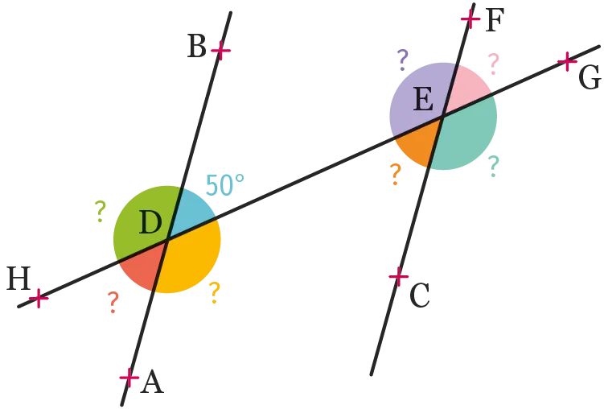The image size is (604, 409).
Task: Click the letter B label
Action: pyautogui.click(x=196, y=46)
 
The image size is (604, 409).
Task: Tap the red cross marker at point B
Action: pyautogui.click(x=220, y=51)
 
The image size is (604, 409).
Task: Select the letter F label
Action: pyautogui.click(x=495, y=20)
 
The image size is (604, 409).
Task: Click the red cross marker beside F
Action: pyautogui.click(x=470, y=19)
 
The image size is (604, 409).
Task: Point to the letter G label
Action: pyautogui.click(x=590, y=77)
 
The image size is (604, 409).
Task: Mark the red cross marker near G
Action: pyautogui.click(x=567, y=61)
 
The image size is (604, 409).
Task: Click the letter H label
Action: pyautogui.click(x=18, y=279)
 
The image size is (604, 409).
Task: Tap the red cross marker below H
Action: pyautogui.click(x=39, y=298)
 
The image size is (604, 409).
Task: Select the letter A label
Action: pyautogui.click(x=152, y=382)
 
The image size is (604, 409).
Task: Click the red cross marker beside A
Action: pyautogui.click(x=129, y=378)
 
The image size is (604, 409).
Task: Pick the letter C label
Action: pyautogui.click(x=420, y=295)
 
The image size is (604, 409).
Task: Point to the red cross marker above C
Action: pyautogui.click(x=398, y=276)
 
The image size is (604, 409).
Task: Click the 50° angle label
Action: pyautogui.click(x=225, y=185)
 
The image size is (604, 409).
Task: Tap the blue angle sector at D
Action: pyautogui.click(x=190, y=210)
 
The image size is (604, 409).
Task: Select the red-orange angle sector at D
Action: pyautogui.click(x=143, y=266)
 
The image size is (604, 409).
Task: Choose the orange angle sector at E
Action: pyautogui.click(x=419, y=143)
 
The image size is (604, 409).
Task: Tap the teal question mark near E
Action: pyautogui.click(x=494, y=166)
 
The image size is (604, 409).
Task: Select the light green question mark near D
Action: pyautogui.click(x=101, y=211)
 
